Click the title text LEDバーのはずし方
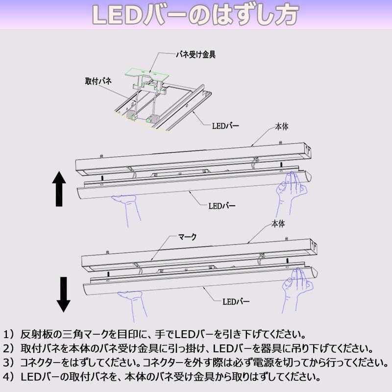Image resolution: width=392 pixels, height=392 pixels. coord(196,15)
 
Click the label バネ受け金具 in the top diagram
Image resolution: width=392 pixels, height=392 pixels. coord(196,55)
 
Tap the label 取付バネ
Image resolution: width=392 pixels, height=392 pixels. coord(98,81)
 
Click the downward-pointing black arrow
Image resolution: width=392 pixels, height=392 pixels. coord(63,294)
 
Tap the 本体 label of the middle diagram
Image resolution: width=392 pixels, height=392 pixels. coord(282,126)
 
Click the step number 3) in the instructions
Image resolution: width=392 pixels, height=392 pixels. coord(10,364)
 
